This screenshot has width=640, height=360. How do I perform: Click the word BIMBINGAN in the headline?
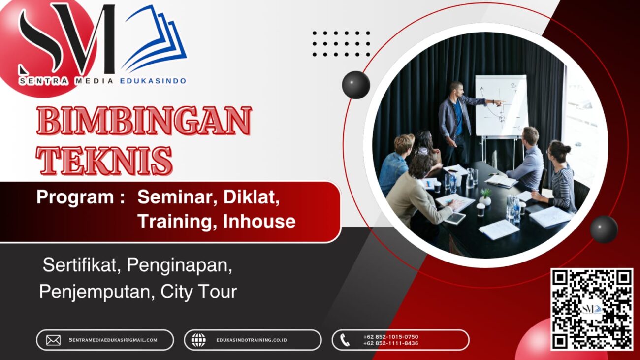144,121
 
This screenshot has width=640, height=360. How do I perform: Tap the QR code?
591,309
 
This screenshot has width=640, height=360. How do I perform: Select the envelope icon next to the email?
53,340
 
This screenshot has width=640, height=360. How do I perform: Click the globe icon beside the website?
198,340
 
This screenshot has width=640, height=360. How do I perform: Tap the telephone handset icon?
345,340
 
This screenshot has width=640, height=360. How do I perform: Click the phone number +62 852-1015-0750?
390,337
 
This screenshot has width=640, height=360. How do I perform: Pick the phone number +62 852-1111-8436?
390,343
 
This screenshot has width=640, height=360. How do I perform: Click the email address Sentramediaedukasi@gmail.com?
113,340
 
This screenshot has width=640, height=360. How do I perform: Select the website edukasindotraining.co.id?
251,340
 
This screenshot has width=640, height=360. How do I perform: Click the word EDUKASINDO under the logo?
153,81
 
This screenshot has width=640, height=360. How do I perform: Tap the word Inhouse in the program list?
259,221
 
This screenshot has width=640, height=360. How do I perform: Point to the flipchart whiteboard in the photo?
500,105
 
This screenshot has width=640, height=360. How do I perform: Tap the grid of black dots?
341,44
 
